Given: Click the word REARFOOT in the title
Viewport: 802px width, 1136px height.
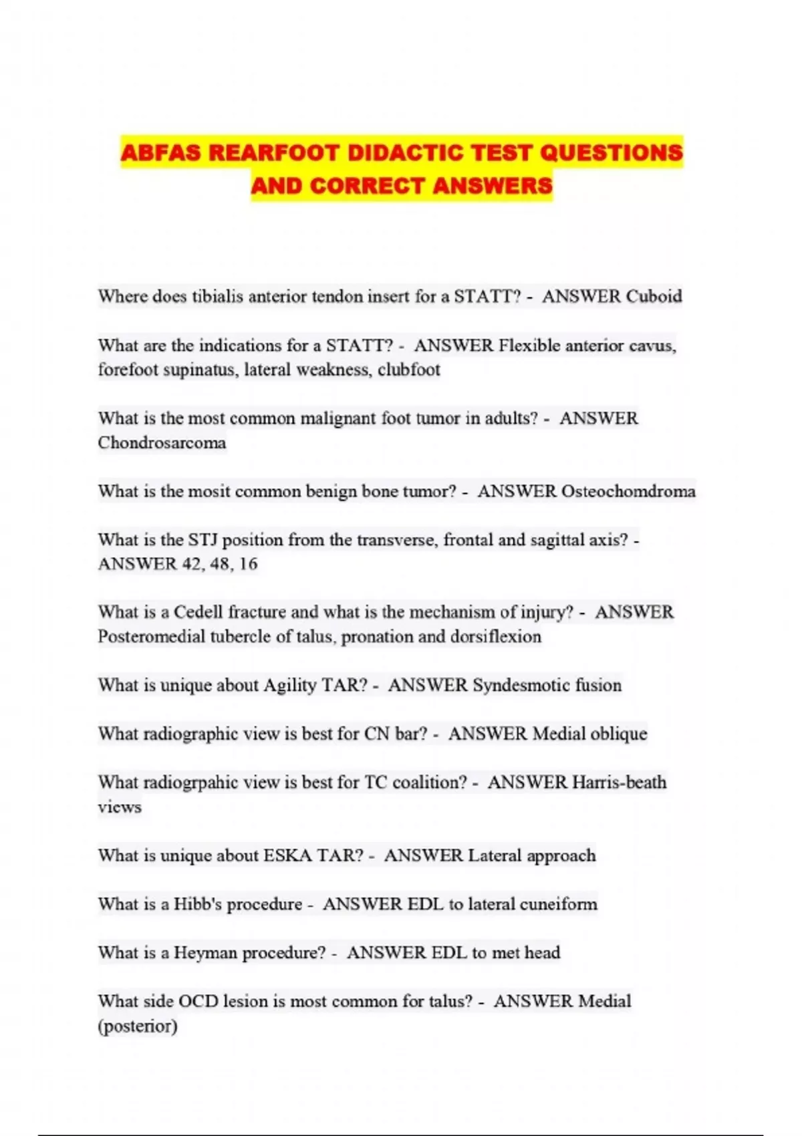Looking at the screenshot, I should [x=274, y=153].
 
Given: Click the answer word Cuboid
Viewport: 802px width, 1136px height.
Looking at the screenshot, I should [x=654, y=297].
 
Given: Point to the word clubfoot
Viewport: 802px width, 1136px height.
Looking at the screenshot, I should [x=409, y=370].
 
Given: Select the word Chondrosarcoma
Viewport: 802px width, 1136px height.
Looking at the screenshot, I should [x=162, y=442].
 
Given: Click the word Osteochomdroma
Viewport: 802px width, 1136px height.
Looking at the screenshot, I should [x=628, y=491].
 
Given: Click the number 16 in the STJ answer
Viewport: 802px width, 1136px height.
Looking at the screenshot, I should [x=247, y=564].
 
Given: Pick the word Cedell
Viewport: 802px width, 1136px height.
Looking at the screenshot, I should [x=198, y=612].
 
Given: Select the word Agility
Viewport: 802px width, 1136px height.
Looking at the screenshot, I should [x=289, y=686].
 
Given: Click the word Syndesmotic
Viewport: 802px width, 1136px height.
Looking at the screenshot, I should [x=515, y=686].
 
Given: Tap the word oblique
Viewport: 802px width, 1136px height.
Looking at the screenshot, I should [x=619, y=734].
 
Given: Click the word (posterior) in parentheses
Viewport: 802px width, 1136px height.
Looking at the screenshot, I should [x=138, y=1026].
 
